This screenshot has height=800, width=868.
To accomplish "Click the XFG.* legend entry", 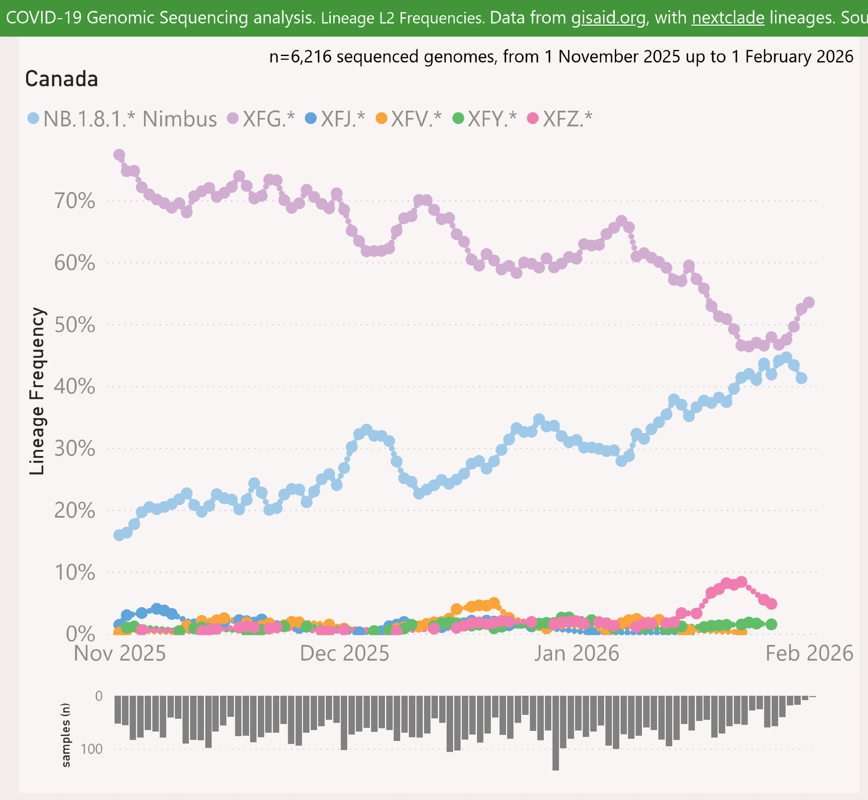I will click(x=262, y=119).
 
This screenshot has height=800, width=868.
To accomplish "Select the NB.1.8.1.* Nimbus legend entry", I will click(x=122, y=119).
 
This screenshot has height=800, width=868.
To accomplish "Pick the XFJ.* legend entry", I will click(x=335, y=119).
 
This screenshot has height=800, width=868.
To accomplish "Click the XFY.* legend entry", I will click(x=485, y=119).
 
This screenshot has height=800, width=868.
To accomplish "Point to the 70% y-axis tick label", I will click(x=75, y=201).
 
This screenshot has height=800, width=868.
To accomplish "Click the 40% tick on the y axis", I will click(x=75, y=387).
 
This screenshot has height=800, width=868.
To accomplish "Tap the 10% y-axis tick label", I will click(x=75, y=572).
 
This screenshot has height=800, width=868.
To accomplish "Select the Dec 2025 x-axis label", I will click(x=345, y=654).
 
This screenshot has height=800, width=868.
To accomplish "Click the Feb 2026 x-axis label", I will click(x=809, y=654).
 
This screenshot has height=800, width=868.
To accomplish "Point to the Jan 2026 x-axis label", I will click(x=576, y=654).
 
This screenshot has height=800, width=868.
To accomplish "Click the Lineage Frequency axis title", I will click(x=37, y=391).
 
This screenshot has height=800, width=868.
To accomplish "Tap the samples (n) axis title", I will click(x=66, y=735).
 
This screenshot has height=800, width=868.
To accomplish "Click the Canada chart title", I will click(x=62, y=79).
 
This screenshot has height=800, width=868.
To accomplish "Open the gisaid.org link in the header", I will click(x=608, y=18).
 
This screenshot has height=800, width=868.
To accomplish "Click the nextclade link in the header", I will click(x=728, y=18).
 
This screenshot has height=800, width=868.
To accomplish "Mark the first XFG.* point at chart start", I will click(x=119, y=155).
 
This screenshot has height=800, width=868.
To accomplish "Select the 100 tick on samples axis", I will click(x=92, y=749).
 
